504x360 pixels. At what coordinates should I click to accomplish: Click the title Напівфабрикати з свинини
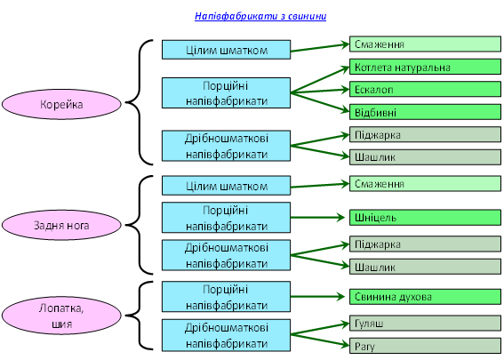pos(260,16)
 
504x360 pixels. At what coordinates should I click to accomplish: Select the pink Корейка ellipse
pos(61,104)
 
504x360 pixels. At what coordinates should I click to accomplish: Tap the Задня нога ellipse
pos(61,225)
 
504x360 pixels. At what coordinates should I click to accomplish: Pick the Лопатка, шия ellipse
pos(61,316)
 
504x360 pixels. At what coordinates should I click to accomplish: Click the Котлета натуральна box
pos(425,67)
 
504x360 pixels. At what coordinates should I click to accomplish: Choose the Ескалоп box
pos(425,90)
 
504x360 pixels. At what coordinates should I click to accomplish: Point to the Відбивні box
pos(425,112)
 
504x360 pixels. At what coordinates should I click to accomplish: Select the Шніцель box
pos(425,218)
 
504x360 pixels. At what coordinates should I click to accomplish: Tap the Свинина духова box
pos(425,297)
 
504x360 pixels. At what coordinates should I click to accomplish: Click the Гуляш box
pos(425,323)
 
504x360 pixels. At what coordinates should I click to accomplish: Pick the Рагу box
pos(425,346)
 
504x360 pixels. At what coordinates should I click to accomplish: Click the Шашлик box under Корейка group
pos(425,157)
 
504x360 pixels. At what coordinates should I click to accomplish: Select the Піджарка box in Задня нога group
pos(425,244)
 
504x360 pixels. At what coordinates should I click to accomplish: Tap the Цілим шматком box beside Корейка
pos(226,50)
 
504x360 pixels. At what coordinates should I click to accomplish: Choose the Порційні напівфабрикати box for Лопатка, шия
pos(226,297)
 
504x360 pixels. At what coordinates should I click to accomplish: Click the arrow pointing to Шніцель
pos(317,218)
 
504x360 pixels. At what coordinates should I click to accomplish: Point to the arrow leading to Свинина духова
pos(317,296)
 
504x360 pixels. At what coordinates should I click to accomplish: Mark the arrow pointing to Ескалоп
pos(320,92)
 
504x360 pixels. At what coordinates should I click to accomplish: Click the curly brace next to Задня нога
pos(139,225)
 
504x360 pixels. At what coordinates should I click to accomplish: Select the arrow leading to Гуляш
pos(320,329)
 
